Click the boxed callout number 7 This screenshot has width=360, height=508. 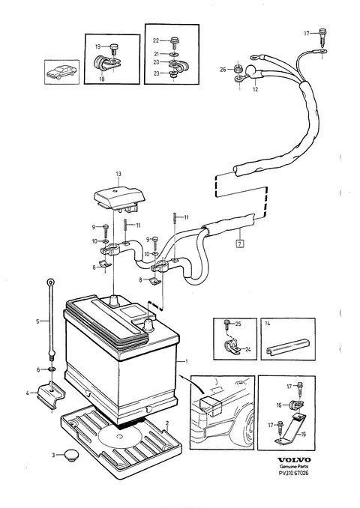(x=240, y=243)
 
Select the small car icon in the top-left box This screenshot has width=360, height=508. (x=61, y=72)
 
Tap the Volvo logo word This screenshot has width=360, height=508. (x=294, y=460)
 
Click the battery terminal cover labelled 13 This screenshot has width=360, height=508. (x=119, y=198)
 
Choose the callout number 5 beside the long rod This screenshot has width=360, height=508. (x=37, y=321)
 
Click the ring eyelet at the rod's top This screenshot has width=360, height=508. (x=50, y=282)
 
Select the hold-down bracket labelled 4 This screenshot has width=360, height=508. (x=51, y=393)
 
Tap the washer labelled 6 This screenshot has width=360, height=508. (x=52, y=369)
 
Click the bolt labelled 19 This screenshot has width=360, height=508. (x=113, y=49)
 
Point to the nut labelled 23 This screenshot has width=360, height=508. (x=172, y=74)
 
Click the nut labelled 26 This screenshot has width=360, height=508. (x=238, y=69)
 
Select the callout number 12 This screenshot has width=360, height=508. (x=255, y=89)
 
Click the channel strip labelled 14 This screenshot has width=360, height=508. (x=287, y=346)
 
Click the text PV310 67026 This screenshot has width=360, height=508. (x=294, y=473)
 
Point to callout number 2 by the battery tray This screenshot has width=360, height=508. (x=167, y=423)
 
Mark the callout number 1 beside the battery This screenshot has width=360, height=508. (x=186, y=361)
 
